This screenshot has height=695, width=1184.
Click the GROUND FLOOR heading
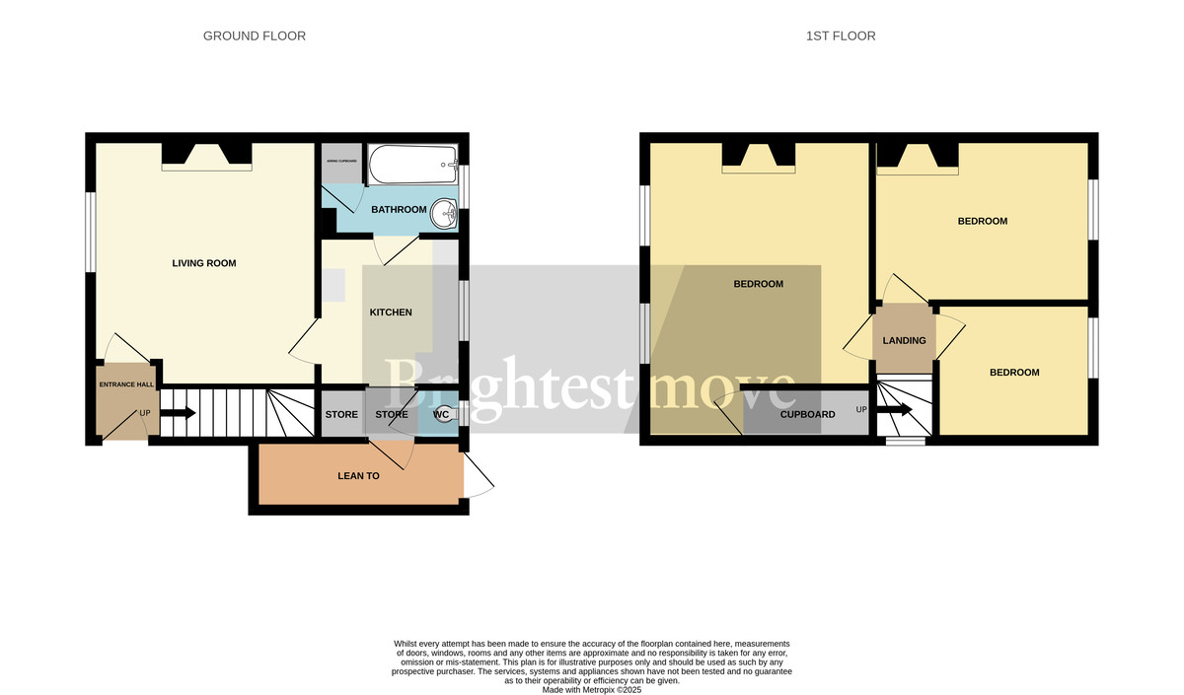tap(254, 36)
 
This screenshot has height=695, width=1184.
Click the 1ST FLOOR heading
tap(840, 36)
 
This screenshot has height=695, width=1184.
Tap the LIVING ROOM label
tap(204, 263)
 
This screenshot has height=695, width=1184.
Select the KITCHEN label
tap(391, 313)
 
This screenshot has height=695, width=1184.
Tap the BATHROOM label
tap(399, 210)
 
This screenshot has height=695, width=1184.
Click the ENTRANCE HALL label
tap(125, 384)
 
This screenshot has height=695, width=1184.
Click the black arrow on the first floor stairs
tap(895, 409)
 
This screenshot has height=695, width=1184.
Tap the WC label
tap(441, 415)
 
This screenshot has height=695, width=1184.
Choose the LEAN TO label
tap(359, 475)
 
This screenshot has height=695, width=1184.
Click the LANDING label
tap(904, 341)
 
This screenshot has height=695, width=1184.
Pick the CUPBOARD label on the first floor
tap(807, 415)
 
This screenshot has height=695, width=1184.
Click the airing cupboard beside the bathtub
tap(341, 163)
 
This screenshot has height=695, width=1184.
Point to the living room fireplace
tap(207, 156)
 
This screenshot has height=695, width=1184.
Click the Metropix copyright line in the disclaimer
tap(592, 690)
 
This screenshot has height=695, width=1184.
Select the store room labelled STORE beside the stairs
tap(341, 415)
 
